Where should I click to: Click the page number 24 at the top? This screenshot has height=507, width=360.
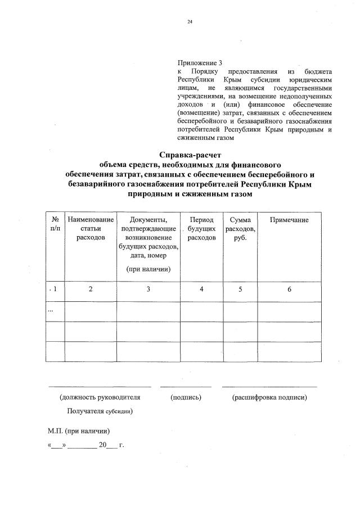point(190,22)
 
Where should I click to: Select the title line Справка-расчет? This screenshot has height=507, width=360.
point(191,155)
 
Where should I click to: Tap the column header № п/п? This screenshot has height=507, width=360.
point(55,224)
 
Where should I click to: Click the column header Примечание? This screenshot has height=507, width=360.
point(289,219)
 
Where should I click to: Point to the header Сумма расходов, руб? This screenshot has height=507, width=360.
point(240,228)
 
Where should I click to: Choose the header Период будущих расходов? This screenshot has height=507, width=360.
point(201,228)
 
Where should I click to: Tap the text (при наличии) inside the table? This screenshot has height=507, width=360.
point(148,269)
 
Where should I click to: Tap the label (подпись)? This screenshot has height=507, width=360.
point(186,397)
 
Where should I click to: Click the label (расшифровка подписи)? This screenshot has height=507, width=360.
point(269,397)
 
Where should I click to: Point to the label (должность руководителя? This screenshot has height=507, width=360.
point(100,397)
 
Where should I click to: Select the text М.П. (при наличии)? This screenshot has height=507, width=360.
point(79,431)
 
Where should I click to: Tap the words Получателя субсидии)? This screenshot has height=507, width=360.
point(100,411)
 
